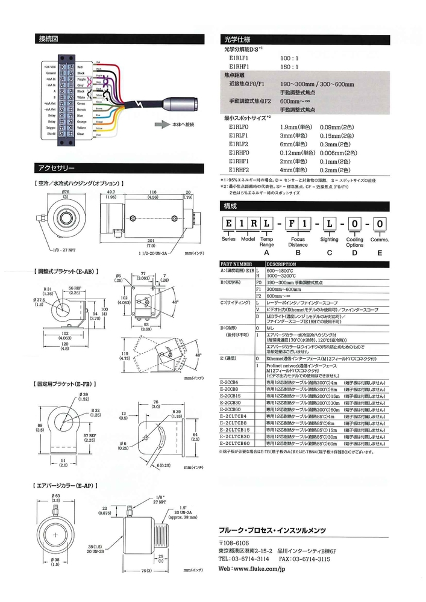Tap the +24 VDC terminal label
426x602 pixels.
(49, 66)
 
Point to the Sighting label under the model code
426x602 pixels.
(329, 240)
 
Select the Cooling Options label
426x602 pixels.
(355, 243)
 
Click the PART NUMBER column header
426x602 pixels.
(236, 264)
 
